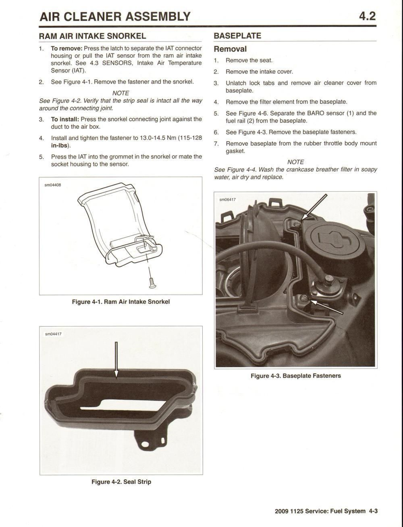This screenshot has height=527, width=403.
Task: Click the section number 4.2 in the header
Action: (x=367, y=16)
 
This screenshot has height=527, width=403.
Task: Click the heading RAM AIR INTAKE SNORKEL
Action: (x=92, y=36)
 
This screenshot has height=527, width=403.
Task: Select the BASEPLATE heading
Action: (x=237, y=36)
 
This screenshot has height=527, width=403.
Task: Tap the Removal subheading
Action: (x=230, y=49)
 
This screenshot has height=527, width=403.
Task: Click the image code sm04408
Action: (x=53, y=185)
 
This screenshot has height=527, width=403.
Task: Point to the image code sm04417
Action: (x=53, y=334)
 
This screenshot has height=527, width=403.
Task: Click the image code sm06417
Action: (x=227, y=200)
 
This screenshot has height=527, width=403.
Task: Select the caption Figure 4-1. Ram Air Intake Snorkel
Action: (x=121, y=302)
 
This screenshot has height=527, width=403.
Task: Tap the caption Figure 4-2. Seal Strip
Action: (x=121, y=482)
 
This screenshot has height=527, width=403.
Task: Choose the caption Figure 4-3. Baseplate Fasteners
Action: (x=296, y=376)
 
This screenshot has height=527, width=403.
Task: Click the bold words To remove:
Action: (x=66, y=48)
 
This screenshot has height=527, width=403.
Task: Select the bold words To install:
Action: (x=65, y=119)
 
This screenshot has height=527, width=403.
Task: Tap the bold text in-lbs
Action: (x=59, y=145)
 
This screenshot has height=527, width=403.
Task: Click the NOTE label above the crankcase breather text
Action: (x=295, y=162)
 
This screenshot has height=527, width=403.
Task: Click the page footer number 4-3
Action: (x=373, y=511)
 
